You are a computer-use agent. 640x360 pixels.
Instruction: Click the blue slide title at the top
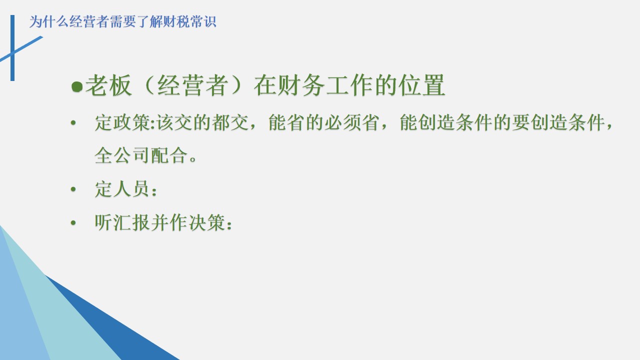tap(123, 21)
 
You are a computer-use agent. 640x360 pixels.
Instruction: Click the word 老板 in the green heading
tap(108, 85)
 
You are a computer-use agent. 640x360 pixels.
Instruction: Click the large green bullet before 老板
tap(77, 86)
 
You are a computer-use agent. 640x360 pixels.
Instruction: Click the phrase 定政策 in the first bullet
tap(123, 122)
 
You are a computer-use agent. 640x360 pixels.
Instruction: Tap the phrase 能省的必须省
tap(324, 122)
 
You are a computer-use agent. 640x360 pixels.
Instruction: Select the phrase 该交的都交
tap(202, 122)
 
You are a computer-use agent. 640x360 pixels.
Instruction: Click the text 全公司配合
tap(141, 155)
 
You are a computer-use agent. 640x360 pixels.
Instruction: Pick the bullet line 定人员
tap(125, 189)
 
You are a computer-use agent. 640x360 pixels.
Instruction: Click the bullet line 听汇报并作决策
tap(163, 222)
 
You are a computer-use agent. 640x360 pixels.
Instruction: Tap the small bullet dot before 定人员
tap(73, 189)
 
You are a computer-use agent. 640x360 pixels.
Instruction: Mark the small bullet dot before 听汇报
tap(73, 222)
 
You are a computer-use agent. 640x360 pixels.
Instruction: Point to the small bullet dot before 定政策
tap(73, 123)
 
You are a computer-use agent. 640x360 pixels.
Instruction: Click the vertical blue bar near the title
tap(12, 48)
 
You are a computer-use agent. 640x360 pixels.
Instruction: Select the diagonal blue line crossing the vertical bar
tap(21, 48)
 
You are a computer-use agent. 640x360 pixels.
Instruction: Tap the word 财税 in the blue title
tap(177, 21)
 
